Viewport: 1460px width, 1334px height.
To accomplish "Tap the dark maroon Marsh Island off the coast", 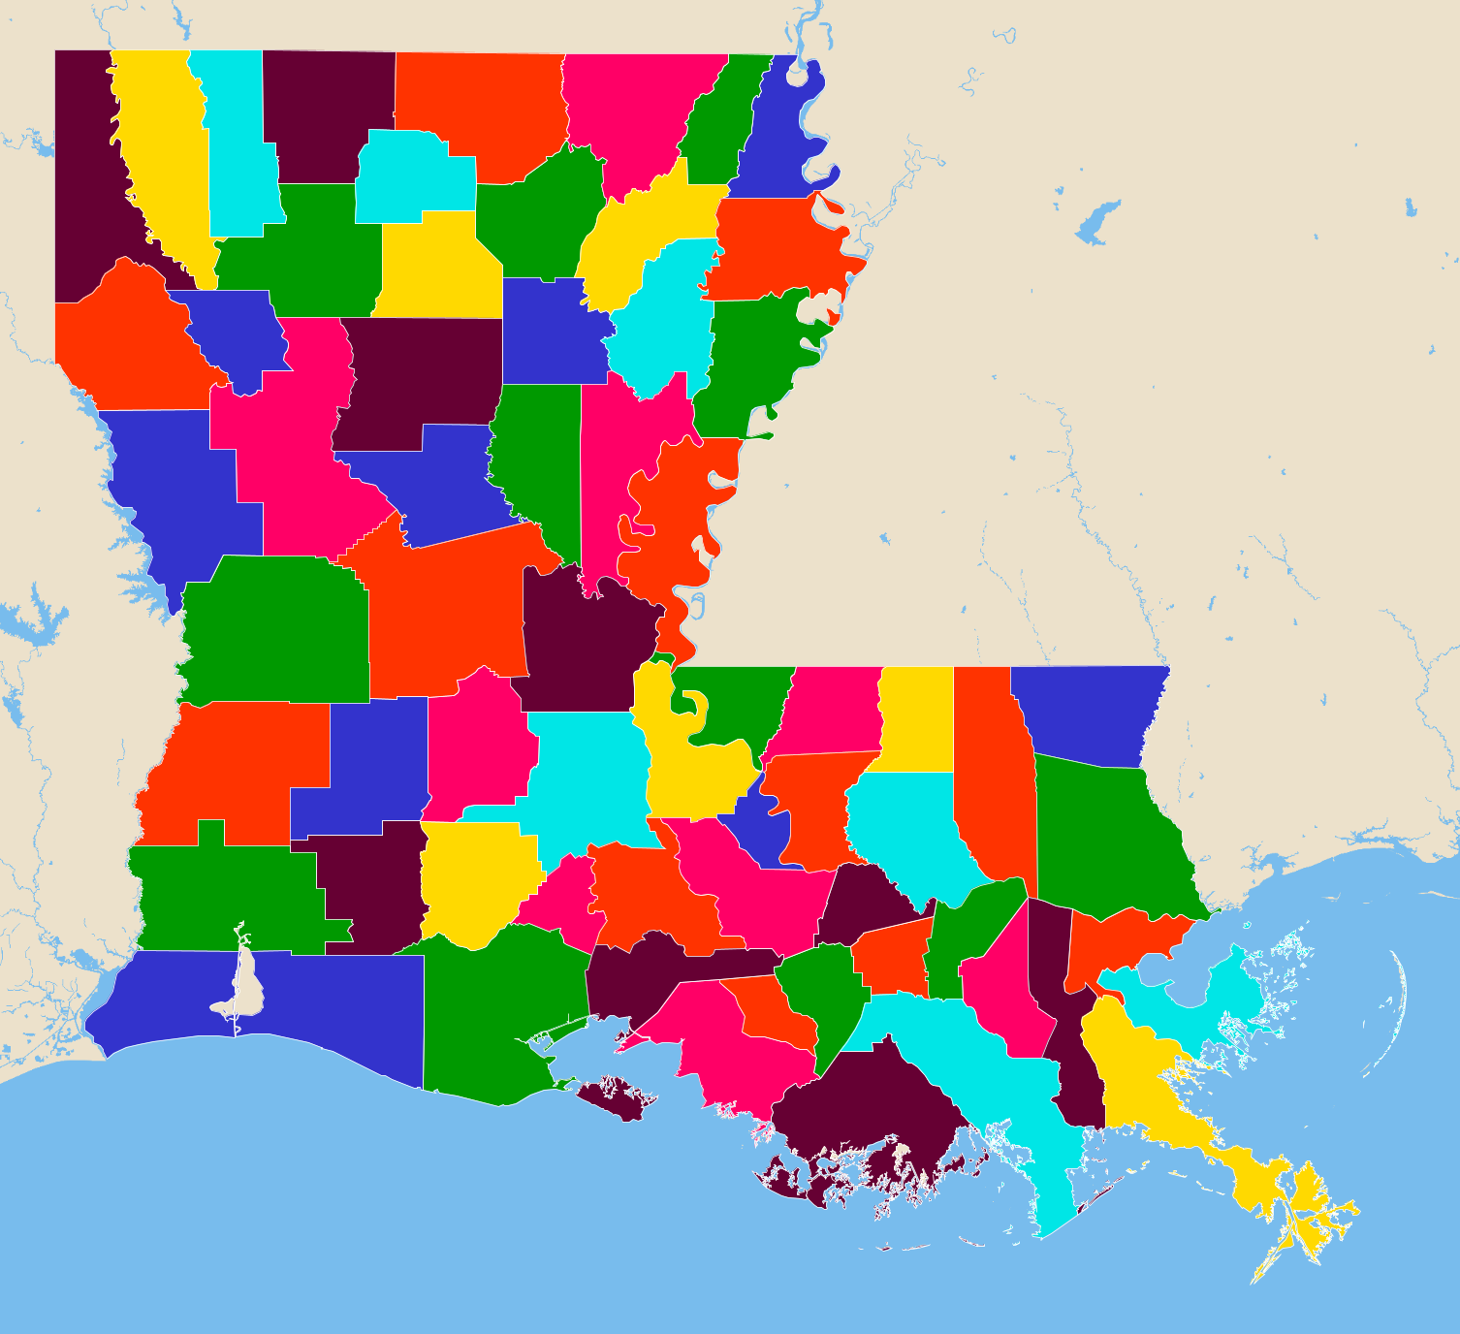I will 616,1096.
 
